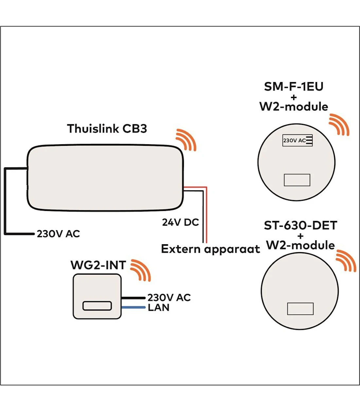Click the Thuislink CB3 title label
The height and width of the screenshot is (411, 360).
[107, 128]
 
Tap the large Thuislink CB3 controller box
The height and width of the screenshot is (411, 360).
[105, 177]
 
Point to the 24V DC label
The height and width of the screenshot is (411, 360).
[180, 222]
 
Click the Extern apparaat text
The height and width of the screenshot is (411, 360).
[210, 249]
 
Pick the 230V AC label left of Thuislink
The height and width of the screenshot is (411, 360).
[58, 234]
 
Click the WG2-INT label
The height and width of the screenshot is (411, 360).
[98, 265]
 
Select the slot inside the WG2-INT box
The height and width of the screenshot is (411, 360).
[97, 306]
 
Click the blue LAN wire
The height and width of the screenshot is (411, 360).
[133, 307]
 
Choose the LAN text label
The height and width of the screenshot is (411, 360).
[158, 308]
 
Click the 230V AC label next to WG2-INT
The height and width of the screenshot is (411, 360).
[169, 298]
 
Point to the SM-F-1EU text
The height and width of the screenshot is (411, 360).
[294, 87]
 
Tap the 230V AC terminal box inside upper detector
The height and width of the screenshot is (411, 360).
[297, 140]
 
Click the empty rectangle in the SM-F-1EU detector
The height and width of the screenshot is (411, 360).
[297, 180]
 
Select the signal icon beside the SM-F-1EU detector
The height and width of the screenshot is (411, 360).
[339, 125]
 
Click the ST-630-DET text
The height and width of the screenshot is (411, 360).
[300, 225]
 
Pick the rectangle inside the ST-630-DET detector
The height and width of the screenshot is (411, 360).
[300, 309]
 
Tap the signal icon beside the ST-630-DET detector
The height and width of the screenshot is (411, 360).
[346, 261]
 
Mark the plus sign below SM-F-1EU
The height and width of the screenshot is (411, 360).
[294, 97]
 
